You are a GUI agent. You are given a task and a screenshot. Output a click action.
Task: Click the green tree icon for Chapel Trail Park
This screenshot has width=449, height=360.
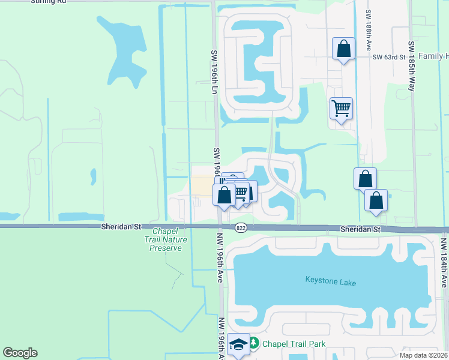coord(254,343)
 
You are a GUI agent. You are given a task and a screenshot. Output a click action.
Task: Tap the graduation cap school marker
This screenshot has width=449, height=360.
coord(238,344)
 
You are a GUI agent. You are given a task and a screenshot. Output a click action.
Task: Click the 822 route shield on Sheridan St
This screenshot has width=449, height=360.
coord(241,228)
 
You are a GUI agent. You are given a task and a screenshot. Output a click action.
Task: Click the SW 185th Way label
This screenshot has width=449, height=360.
coord(412,65)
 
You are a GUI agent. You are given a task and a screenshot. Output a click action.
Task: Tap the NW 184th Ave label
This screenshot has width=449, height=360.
coord(443,262)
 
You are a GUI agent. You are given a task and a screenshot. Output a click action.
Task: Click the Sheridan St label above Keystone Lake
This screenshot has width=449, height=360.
coord(361,229)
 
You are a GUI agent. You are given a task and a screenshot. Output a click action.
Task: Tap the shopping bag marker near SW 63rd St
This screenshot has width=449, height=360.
coord(343,49)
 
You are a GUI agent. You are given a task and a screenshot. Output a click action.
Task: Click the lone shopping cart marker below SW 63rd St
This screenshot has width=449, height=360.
coord(341,109)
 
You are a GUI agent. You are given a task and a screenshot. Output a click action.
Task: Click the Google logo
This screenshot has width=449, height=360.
coord(20,353)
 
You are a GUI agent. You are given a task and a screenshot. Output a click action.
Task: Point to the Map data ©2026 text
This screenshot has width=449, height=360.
coord(423,355)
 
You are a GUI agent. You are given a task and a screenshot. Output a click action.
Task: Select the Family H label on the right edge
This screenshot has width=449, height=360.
coord(433,56)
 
